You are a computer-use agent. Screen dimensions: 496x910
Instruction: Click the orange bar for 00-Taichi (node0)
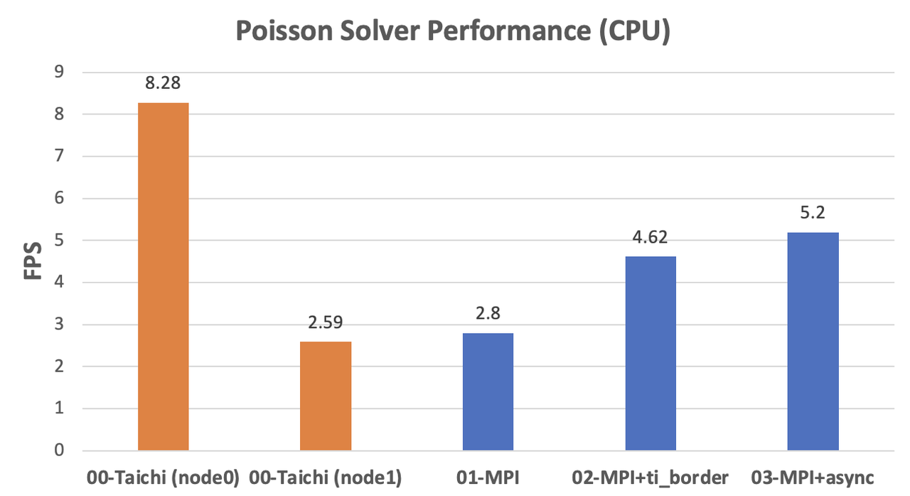pyautogui.click(x=163, y=277)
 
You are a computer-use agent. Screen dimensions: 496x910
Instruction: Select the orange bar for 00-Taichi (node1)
pyautogui.click(x=326, y=396)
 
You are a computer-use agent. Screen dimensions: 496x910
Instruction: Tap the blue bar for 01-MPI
pyautogui.click(x=488, y=392)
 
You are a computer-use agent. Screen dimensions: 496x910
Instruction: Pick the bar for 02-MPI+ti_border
pyautogui.click(x=651, y=354)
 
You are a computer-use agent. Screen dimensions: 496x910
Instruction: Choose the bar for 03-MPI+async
pyautogui.click(x=813, y=342)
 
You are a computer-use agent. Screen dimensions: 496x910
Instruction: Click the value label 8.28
pyautogui.click(x=163, y=83)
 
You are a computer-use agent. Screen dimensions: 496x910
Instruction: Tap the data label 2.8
pyautogui.click(x=488, y=313)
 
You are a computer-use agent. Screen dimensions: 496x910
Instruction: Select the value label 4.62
pyautogui.click(x=651, y=237)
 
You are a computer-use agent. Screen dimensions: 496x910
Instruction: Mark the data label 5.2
pyautogui.click(x=813, y=213)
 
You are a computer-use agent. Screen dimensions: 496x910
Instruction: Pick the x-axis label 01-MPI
pyautogui.click(x=488, y=477)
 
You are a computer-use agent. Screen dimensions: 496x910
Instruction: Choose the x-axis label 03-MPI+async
pyautogui.click(x=813, y=477)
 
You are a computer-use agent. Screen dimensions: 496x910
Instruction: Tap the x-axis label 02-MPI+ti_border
pyautogui.click(x=651, y=477)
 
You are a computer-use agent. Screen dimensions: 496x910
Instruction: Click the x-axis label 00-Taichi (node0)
pyautogui.click(x=163, y=477)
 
